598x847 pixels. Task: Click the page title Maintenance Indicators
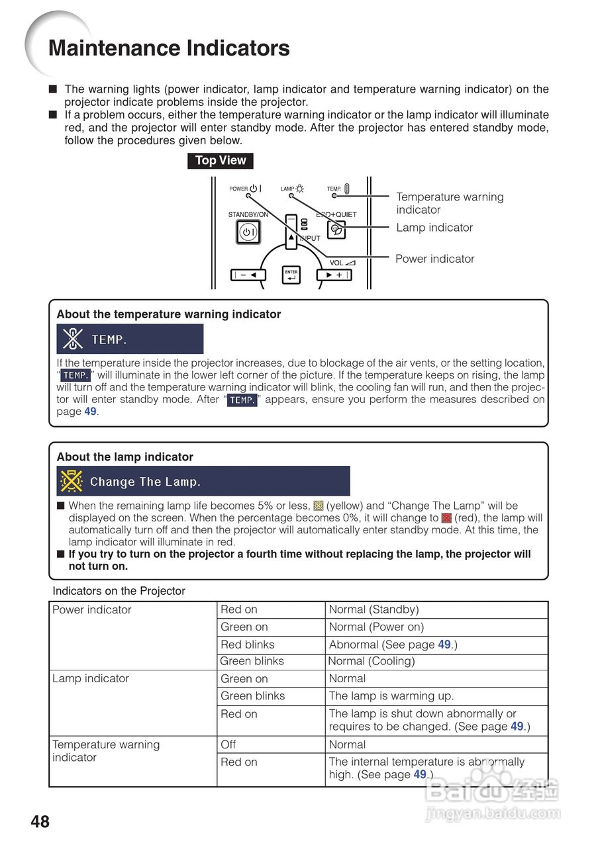[x=169, y=48]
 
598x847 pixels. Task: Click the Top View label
[x=221, y=161]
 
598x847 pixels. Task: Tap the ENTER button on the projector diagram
[x=291, y=275]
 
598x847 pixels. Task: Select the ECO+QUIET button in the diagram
[x=336, y=230]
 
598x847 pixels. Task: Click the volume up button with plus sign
[x=334, y=275]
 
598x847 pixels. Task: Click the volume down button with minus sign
[x=248, y=275]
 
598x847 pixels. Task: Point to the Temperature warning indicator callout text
[x=450, y=203]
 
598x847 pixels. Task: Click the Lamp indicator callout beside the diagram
[x=434, y=228]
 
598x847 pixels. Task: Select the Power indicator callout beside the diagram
[x=434, y=259]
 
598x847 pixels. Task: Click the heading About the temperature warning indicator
[x=169, y=314]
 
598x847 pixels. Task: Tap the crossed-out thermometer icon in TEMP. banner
[x=72, y=339]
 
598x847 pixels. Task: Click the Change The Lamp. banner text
[x=145, y=482]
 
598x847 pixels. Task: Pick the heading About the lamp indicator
[x=125, y=457]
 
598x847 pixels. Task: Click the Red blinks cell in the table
[x=247, y=645]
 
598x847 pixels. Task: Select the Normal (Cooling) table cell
[x=372, y=661]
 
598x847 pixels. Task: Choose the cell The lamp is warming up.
[x=391, y=696]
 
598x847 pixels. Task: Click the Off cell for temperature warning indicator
[x=228, y=744]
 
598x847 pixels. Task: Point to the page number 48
[x=40, y=822]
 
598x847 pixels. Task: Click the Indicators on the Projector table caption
[x=119, y=591]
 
